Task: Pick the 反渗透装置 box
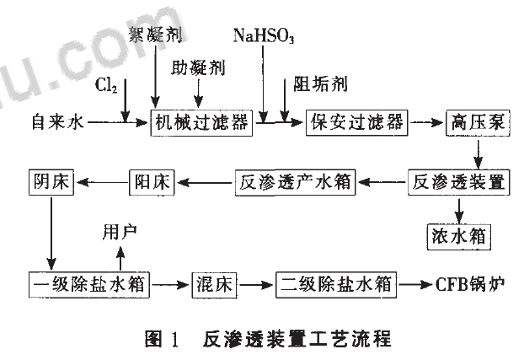tap(460, 181)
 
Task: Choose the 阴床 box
tap(51, 181)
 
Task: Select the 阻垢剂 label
tap(317, 84)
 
